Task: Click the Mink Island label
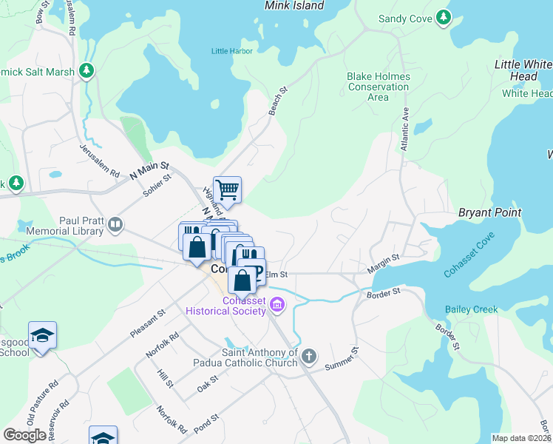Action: click(294, 6)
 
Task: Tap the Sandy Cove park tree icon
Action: click(443, 17)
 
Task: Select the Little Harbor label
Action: click(231, 51)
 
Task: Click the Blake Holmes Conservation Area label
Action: click(378, 87)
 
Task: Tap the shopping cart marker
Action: click(228, 189)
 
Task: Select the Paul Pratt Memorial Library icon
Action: click(115, 224)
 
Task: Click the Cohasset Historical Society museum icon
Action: click(277, 303)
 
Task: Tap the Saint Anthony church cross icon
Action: click(309, 357)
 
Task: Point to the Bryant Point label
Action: click(489, 212)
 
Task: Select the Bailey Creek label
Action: click(472, 309)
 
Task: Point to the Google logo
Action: click(24, 435)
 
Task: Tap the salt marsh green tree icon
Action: click(88, 70)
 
